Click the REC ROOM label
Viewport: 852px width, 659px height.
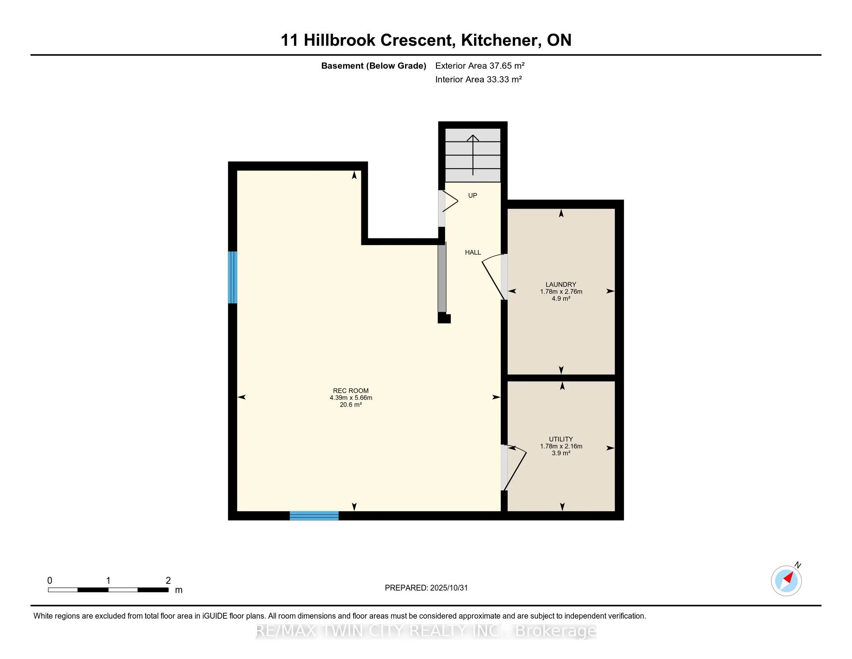(x=350, y=391)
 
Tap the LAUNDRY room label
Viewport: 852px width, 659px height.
(x=561, y=285)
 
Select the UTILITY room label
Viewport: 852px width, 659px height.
(x=561, y=439)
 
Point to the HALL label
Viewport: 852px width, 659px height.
(x=472, y=253)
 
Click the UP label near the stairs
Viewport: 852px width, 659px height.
(x=472, y=196)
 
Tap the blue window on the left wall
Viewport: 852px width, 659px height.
(x=232, y=277)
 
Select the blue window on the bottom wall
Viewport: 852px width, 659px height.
(x=314, y=516)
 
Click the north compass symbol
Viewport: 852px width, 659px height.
(x=786, y=581)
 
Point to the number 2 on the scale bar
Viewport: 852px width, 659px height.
(x=168, y=581)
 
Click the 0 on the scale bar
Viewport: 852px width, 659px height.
(x=50, y=581)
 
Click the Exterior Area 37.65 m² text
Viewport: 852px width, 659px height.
(x=479, y=66)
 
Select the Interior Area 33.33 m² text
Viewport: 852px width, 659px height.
(x=478, y=79)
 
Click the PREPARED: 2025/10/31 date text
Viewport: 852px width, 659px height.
(x=426, y=588)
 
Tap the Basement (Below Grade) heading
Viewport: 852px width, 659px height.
(x=373, y=66)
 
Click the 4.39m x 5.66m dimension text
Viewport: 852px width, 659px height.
(x=351, y=398)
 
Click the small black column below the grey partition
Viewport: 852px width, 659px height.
(x=443, y=319)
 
